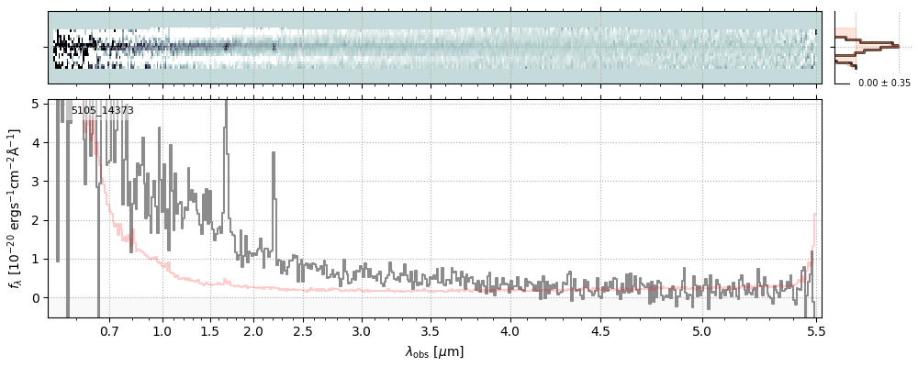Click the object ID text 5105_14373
click(103, 111)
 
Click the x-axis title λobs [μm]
click(434, 351)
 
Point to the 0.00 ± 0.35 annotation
click(884, 83)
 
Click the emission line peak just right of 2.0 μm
click(274, 153)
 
